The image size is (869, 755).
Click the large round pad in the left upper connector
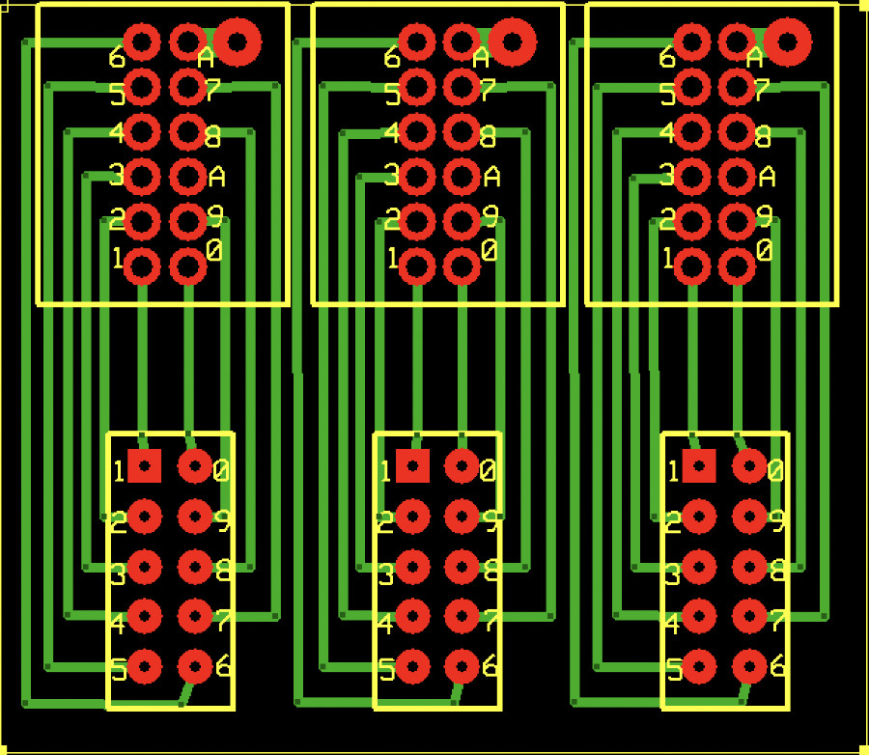[x=238, y=41]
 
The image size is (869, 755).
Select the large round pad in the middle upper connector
[x=512, y=41]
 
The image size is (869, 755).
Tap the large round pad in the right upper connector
[x=788, y=41]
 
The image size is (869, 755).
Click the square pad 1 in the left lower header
[x=145, y=466]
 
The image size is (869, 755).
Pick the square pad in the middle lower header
[x=412, y=466]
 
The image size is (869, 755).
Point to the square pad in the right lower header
[x=698, y=466]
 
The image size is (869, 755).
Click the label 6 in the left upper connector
[x=117, y=57]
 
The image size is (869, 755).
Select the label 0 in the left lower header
[x=221, y=471]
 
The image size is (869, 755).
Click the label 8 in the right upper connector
[x=763, y=137]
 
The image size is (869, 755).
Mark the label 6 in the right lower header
[x=777, y=666]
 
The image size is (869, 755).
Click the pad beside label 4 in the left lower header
[x=145, y=615]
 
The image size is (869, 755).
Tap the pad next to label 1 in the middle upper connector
[x=417, y=266]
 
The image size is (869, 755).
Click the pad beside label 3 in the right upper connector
[x=692, y=176]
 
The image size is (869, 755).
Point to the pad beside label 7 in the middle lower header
[x=463, y=615]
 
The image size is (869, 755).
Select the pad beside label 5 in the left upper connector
[x=142, y=87]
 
